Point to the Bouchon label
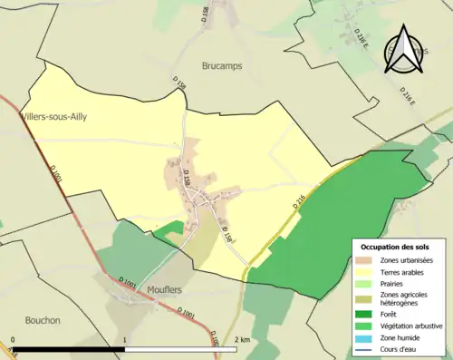click(43, 320)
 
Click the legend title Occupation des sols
click(395, 247)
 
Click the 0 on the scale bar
click(13, 340)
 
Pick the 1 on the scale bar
click(124, 340)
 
